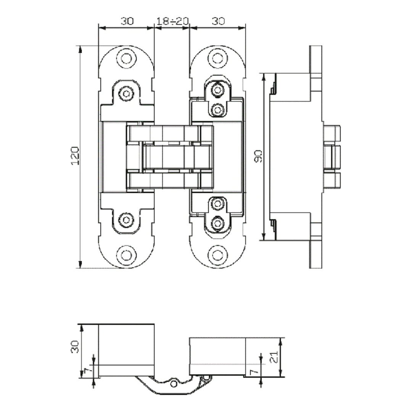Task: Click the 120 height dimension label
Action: click(75, 155)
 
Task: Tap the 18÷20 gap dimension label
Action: click(172, 21)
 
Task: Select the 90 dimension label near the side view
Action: click(258, 156)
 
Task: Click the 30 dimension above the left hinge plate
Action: click(127, 21)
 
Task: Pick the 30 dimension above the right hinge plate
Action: click(218, 21)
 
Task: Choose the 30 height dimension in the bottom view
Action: click(75, 347)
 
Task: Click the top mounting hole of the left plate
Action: click(126, 58)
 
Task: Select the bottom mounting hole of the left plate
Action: click(126, 255)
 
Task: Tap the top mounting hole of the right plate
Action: click(217, 58)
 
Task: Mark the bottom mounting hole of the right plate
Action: click(217, 255)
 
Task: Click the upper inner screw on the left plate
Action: click(126, 93)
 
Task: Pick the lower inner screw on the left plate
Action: click(126, 219)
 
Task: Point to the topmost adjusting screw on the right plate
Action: click(217, 90)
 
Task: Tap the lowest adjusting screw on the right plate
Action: click(217, 222)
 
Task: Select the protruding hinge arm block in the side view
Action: click(332, 156)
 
